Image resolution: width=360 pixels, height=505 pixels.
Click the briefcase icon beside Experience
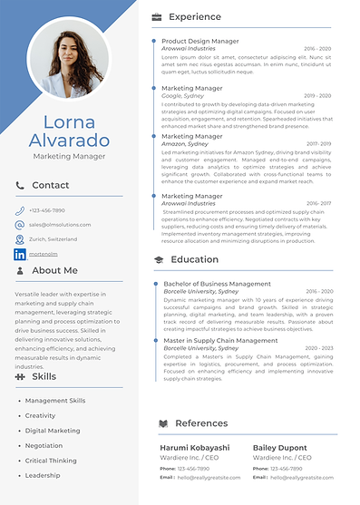click(x=157, y=17)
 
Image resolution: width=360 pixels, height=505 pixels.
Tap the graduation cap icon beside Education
click(x=158, y=259)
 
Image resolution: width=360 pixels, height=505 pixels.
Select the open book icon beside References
click(x=162, y=423)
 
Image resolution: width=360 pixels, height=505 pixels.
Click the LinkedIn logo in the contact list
click(x=20, y=255)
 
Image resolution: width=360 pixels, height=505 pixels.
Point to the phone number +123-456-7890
click(x=46, y=209)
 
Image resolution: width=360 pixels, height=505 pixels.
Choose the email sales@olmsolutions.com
click(x=60, y=224)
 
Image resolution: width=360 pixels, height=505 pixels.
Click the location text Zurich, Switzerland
click(x=53, y=239)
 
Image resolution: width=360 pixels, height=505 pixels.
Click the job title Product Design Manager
click(x=200, y=41)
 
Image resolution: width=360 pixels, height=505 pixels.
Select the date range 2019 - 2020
click(x=317, y=95)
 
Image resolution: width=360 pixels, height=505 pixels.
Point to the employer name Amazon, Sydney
click(x=185, y=144)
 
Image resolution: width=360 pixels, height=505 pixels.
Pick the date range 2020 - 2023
click(x=318, y=348)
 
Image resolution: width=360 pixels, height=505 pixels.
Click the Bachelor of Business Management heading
click(x=218, y=284)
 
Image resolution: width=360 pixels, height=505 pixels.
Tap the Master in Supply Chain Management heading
click(x=220, y=341)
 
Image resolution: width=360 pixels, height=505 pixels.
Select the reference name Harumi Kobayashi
click(x=195, y=448)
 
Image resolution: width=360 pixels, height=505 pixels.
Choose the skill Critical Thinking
click(x=51, y=461)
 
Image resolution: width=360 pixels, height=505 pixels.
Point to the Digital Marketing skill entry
click(x=53, y=431)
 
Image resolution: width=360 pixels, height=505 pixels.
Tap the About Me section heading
click(x=54, y=270)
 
